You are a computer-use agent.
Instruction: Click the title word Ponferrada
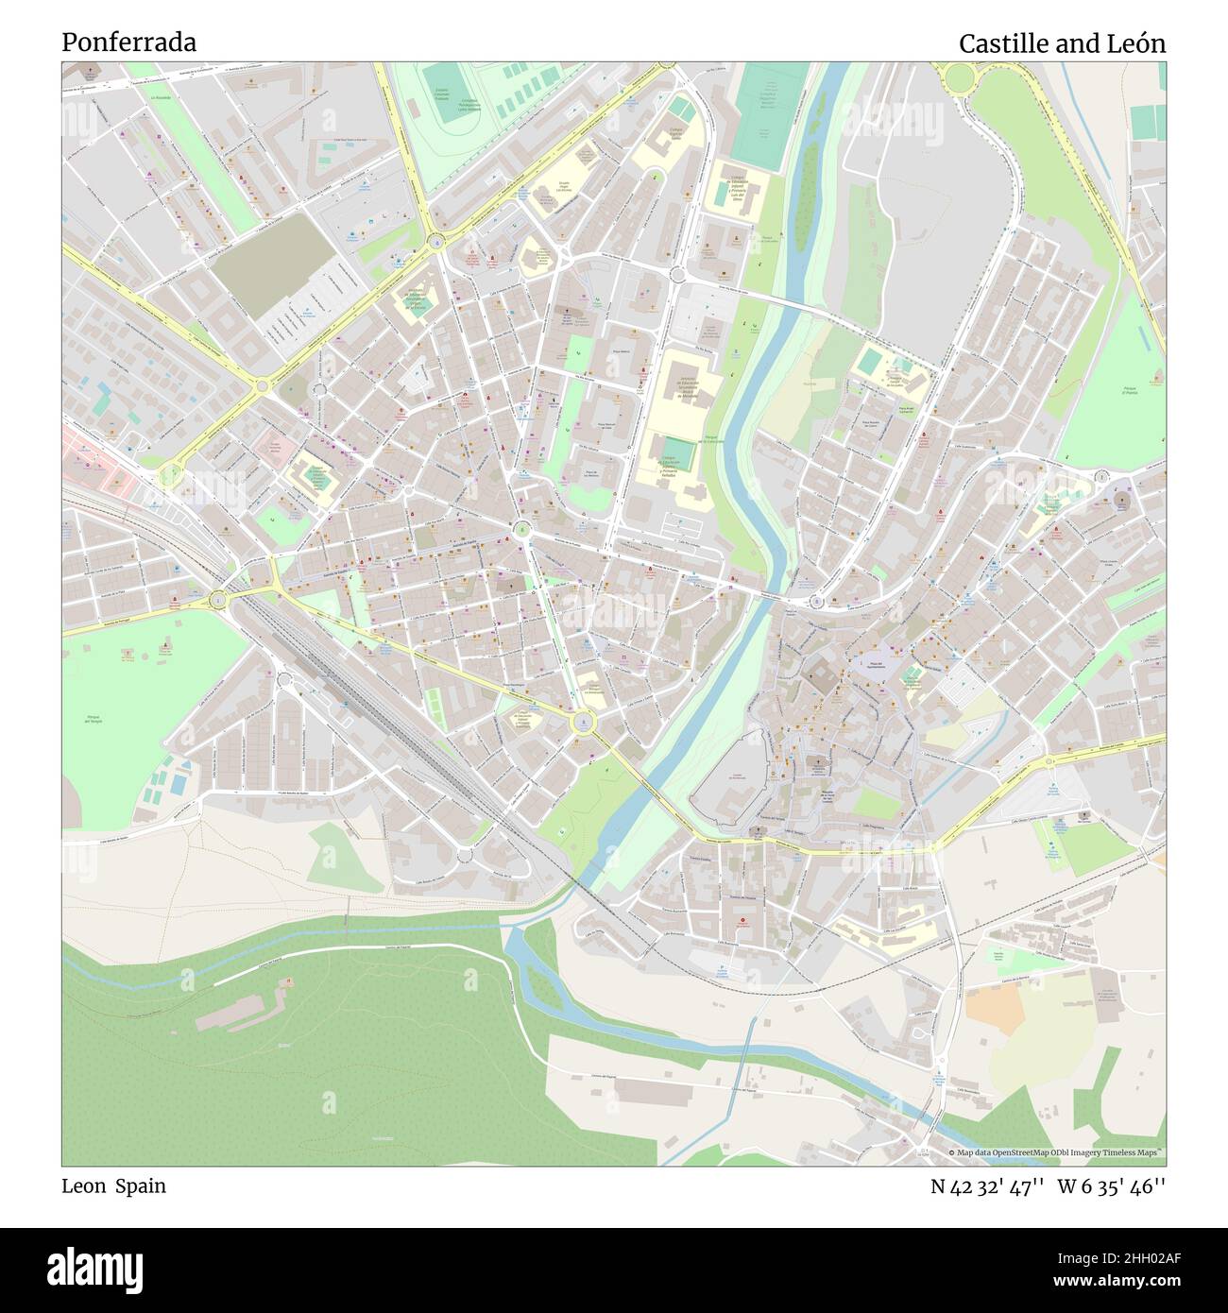coord(129,43)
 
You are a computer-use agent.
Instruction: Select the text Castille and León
coord(1062,43)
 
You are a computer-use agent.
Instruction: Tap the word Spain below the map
coord(141,1185)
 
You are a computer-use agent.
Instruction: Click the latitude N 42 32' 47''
coord(987,1185)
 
